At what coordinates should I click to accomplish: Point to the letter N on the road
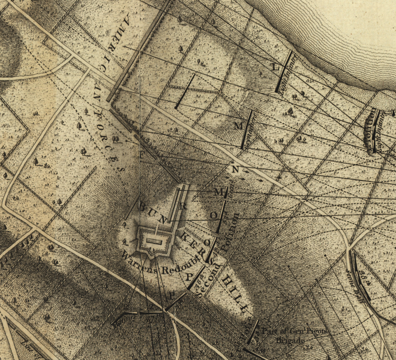click(235, 169)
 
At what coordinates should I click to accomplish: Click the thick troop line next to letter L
click(284, 71)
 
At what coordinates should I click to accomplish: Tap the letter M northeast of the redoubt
click(218, 191)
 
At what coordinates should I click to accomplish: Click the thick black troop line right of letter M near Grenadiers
click(247, 130)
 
